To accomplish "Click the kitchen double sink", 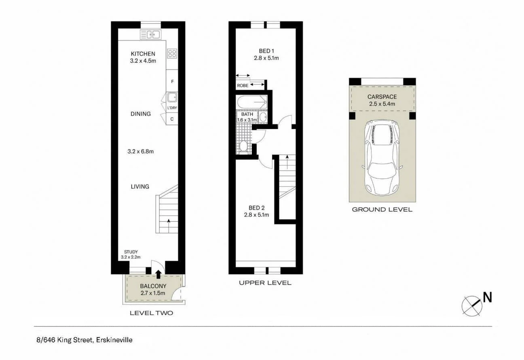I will point(151,35).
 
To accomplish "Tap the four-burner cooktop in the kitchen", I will point(172,53).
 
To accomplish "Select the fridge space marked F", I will point(172,82).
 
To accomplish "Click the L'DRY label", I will point(172,108).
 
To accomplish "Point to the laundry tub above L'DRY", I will point(172,97).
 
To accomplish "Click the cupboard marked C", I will point(172,119).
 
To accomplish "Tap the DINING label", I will point(140,114).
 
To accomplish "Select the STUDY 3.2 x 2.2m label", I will point(131,254).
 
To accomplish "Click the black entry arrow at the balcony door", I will point(158,275).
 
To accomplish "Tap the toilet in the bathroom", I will point(243,146).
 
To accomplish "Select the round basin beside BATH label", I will point(263,118).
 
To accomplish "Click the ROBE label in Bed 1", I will point(243,86).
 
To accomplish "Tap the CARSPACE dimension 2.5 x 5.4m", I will point(382,104).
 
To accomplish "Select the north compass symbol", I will point(472,304).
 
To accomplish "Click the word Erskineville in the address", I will point(114,340).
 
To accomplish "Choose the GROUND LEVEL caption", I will point(382,210).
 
